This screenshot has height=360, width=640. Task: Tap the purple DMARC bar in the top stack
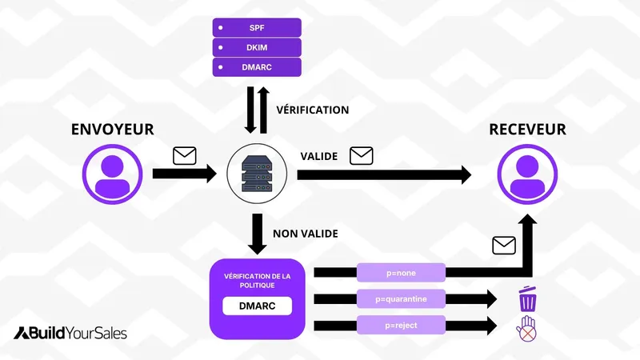tap(256, 66)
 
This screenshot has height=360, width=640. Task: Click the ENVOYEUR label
tap(112, 130)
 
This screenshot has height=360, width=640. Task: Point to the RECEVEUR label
tap(528, 130)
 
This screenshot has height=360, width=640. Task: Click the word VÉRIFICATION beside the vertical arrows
tap(312, 110)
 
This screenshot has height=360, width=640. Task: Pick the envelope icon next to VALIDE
tap(362, 154)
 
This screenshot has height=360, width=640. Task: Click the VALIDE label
tap(318, 155)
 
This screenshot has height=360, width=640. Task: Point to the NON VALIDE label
tap(306, 234)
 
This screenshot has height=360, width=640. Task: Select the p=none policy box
tap(400, 272)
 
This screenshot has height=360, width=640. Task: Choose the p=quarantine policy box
tap(400, 298)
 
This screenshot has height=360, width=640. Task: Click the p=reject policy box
tap(400, 325)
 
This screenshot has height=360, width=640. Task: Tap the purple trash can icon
tap(527, 299)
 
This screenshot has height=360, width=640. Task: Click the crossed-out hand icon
tap(526, 328)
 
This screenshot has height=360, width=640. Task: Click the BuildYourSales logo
tap(70, 333)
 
